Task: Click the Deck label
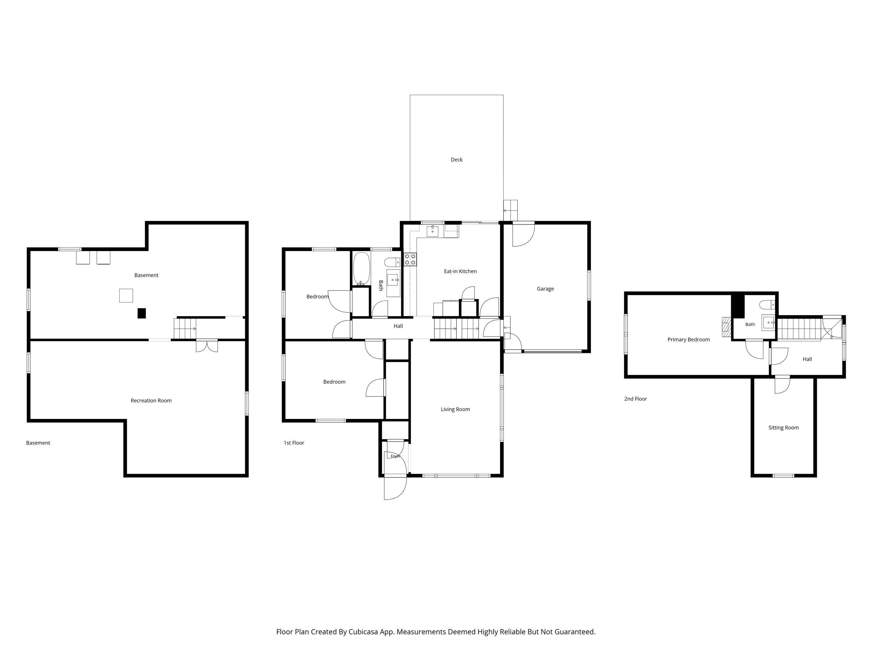click(456, 160)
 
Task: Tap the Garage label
click(545, 289)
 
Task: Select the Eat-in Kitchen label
click(460, 271)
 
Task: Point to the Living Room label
click(455, 409)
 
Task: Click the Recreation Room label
click(151, 401)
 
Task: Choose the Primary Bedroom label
click(688, 339)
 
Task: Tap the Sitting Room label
click(783, 428)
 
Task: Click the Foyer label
click(395, 456)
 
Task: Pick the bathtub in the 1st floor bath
click(361, 268)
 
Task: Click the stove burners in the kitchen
click(410, 259)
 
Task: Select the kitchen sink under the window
click(433, 231)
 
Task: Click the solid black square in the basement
click(141, 313)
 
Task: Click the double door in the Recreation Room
click(206, 345)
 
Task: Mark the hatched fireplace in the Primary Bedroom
click(727, 327)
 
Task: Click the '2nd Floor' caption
click(636, 399)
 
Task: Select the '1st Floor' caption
click(294, 443)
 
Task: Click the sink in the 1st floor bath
click(393, 280)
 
